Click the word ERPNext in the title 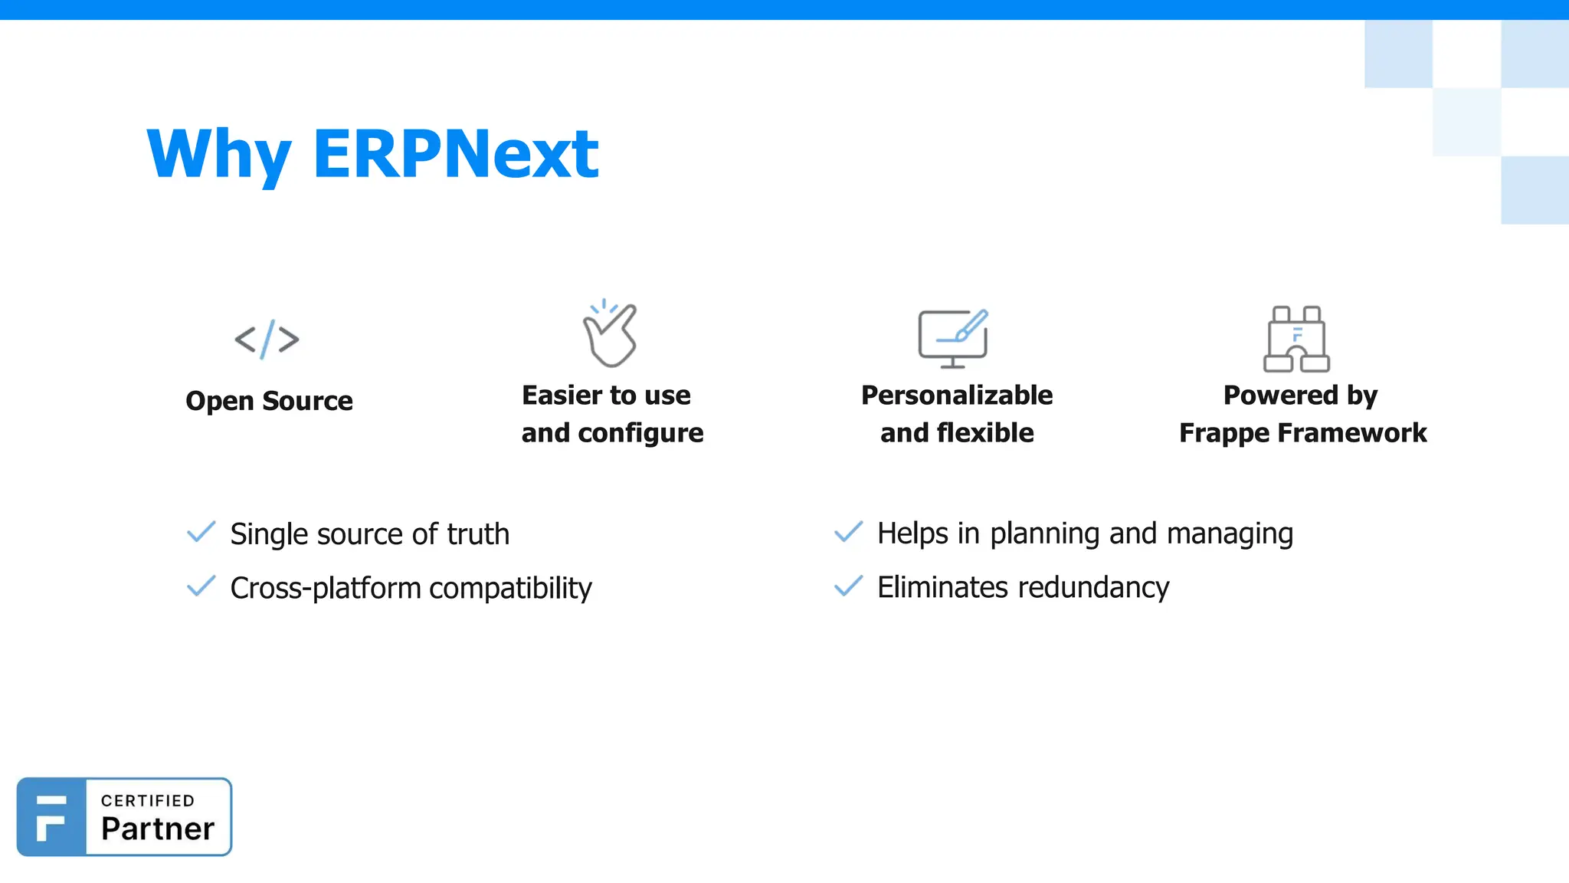[x=455, y=155]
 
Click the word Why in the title [x=219, y=155]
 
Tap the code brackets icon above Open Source [x=267, y=339]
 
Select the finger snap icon [x=610, y=334]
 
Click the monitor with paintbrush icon [x=954, y=338]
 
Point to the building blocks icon [x=1296, y=339]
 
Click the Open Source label [x=269, y=401]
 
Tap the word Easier [x=562, y=396]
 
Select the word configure [x=640, y=434]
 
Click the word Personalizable [x=957, y=396]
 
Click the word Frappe [x=1223, y=434]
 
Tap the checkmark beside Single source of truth [x=201, y=532]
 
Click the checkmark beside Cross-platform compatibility [x=201, y=586]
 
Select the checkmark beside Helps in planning [x=849, y=532]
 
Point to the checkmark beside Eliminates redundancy [x=849, y=586]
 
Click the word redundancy [x=1093, y=588]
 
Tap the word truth [x=478, y=534]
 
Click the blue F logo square [x=51, y=817]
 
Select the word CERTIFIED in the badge [x=148, y=801]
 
